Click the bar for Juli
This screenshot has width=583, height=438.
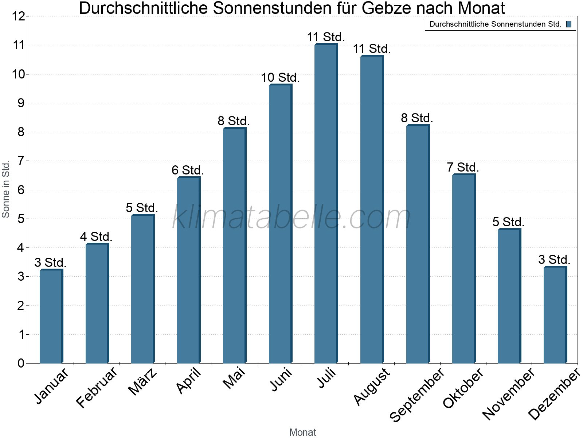(x=326, y=204)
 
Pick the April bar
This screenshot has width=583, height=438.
(x=188, y=270)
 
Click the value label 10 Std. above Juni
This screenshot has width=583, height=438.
(x=280, y=78)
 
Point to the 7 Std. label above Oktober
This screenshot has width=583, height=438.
(x=463, y=168)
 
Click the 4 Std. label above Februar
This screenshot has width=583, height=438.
(x=96, y=237)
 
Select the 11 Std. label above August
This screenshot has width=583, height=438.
(x=372, y=49)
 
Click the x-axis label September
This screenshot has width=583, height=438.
(x=418, y=394)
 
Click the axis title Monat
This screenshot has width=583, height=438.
(x=302, y=432)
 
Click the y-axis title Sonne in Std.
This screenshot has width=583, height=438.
(x=6, y=190)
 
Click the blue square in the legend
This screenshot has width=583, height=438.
(x=568, y=24)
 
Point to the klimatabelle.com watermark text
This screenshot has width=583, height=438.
(x=291, y=218)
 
